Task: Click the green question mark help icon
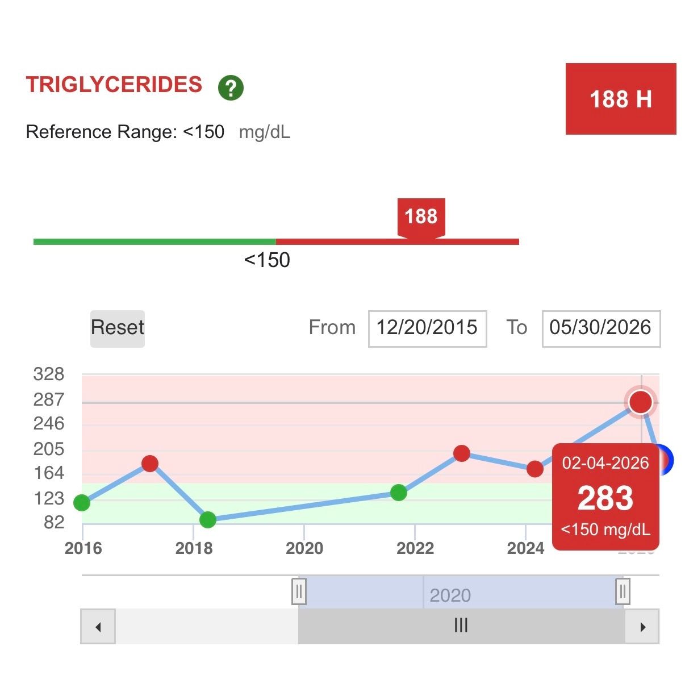tap(231, 87)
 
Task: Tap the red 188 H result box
tap(620, 99)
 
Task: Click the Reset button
tap(118, 328)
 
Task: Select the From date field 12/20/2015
tap(427, 328)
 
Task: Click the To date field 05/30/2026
tap(601, 328)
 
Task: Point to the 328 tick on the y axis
tap(49, 374)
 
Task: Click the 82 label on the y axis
tap(54, 522)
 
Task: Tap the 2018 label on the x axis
tap(194, 548)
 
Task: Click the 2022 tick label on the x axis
tap(415, 548)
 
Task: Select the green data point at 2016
tap(82, 502)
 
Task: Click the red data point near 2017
tap(150, 463)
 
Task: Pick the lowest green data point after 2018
tap(207, 519)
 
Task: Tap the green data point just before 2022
tap(399, 493)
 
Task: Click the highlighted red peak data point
tap(641, 402)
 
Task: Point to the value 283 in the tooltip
tap(605, 498)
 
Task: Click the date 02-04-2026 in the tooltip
tap(605, 463)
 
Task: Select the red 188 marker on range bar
tap(421, 218)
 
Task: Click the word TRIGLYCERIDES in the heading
tap(114, 85)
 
